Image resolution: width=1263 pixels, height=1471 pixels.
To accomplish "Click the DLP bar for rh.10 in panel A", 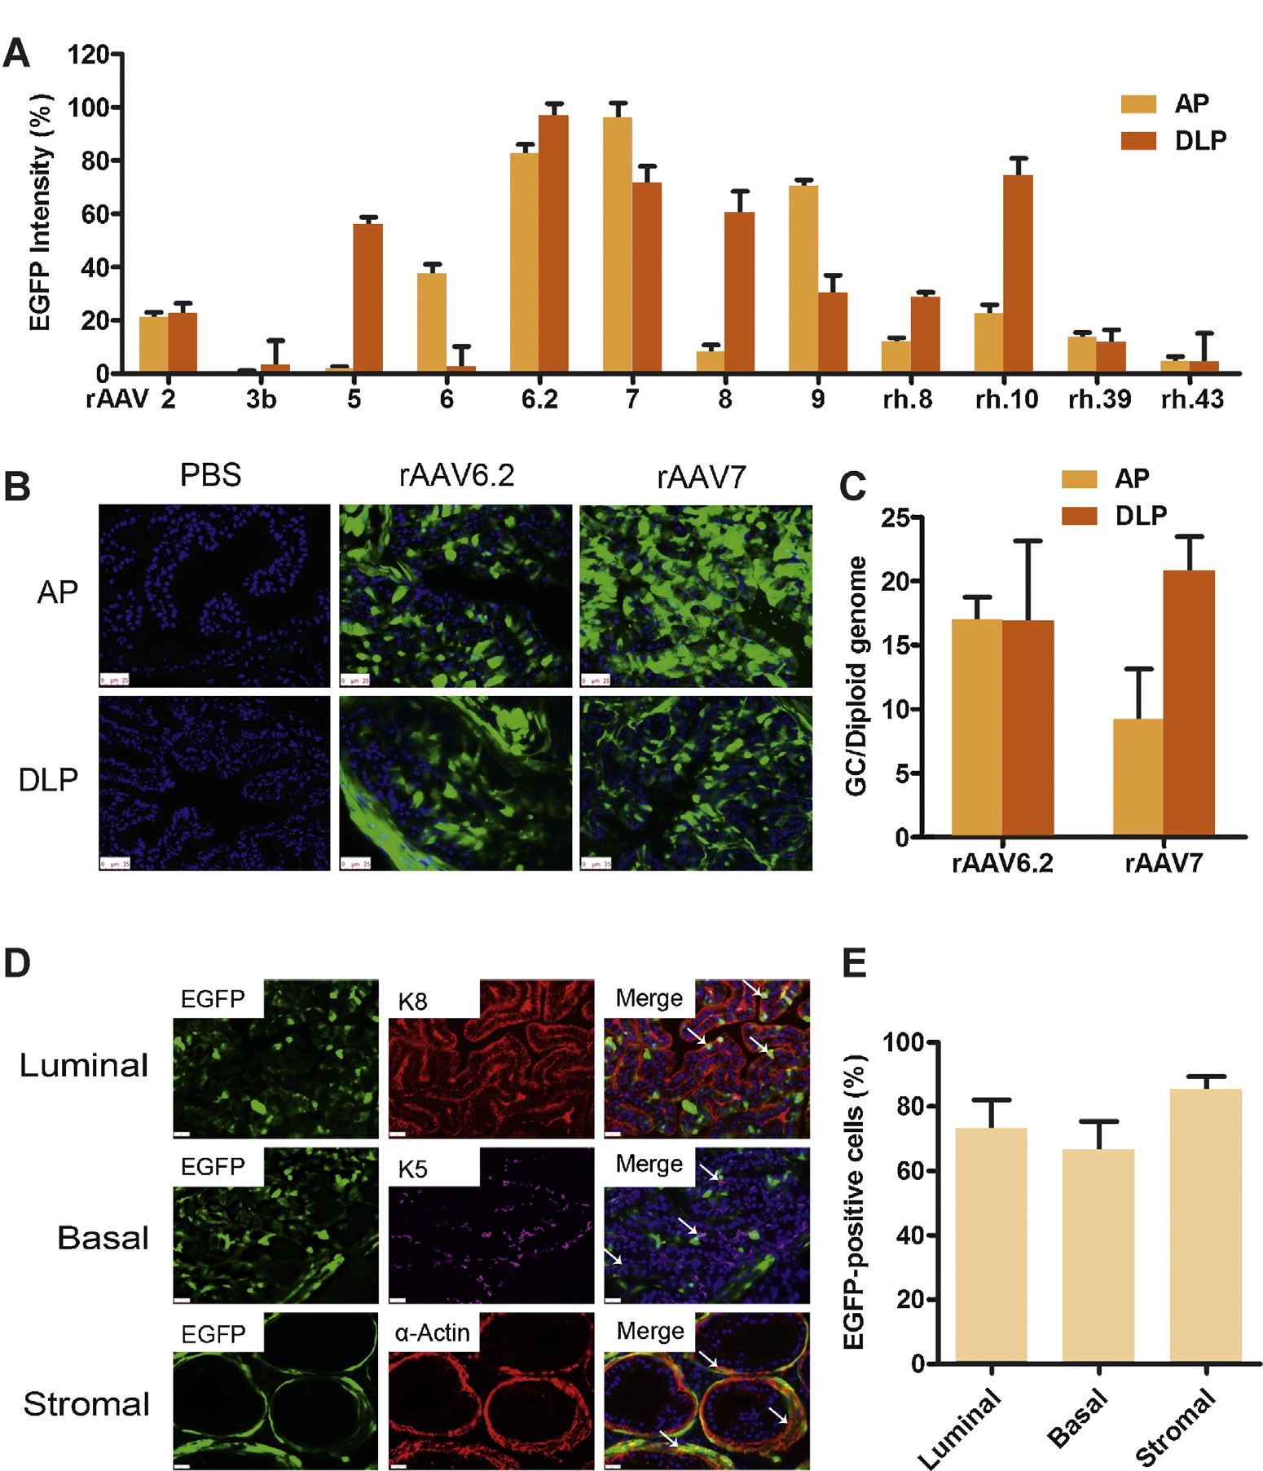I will pyautogui.click(x=1018, y=274).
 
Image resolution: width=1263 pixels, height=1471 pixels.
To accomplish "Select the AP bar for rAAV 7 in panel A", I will pyautogui.click(x=617, y=245).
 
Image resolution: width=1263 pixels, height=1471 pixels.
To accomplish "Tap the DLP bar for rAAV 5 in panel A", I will pyautogui.click(x=367, y=298).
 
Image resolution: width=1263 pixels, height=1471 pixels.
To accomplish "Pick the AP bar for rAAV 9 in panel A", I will pyautogui.click(x=803, y=279).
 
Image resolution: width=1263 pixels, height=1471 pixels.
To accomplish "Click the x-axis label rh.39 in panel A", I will pyautogui.click(x=1099, y=399).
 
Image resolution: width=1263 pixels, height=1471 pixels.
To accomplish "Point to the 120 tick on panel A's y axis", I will pyautogui.click(x=88, y=55).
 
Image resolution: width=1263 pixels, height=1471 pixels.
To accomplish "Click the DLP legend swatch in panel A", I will pyautogui.click(x=1138, y=140).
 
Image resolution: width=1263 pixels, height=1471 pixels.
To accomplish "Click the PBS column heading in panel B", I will pyautogui.click(x=210, y=475).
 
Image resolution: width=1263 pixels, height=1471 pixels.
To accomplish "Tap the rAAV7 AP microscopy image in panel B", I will pyautogui.click(x=696, y=596).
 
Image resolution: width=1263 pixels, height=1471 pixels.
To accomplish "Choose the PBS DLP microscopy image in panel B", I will pyautogui.click(x=214, y=782).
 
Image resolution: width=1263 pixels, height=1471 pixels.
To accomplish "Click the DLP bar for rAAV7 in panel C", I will pyautogui.click(x=1189, y=702).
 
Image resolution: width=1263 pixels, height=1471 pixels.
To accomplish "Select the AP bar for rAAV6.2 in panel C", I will pyautogui.click(x=976, y=727).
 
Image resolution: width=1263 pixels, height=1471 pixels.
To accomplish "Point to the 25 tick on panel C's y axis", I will pyautogui.click(x=895, y=517).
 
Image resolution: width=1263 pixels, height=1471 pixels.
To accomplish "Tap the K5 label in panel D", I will pyautogui.click(x=412, y=1169).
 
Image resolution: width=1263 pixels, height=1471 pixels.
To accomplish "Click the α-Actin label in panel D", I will pyautogui.click(x=432, y=1332).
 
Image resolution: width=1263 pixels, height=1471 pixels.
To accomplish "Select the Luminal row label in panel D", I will pyautogui.click(x=84, y=1065).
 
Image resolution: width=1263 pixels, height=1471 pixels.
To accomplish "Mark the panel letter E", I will pyautogui.click(x=855, y=962).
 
